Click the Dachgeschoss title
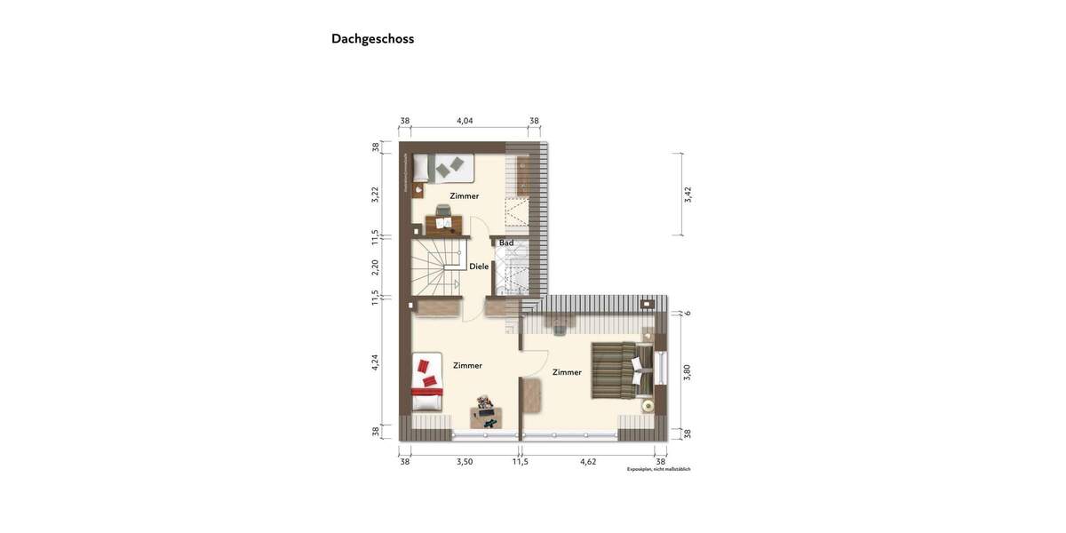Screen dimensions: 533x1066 [x=372, y=39]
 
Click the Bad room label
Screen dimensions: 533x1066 [x=506, y=243]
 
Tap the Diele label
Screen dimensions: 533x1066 [x=479, y=266]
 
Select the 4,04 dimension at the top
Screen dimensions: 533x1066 [x=465, y=121]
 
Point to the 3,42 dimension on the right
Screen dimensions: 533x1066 [x=688, y=195]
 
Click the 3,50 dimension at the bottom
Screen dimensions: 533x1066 [x=465, y=462]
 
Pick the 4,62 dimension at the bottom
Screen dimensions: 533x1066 [x=588, y=462]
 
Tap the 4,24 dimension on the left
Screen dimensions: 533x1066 [x=375, y=362]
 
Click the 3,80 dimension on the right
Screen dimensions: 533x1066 [x=688, y=372]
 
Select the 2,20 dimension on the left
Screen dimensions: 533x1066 [x=375, y=266]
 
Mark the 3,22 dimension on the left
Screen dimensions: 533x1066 [x=375, y=194]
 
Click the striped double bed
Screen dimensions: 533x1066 [x=622, y=370]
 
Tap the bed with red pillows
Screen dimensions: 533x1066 [x=427, y=382]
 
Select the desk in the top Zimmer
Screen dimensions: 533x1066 [x=444, y=223]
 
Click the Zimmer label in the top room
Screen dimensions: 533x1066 [x=464, y=196]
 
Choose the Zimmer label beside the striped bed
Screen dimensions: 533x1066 [x=567, y=372]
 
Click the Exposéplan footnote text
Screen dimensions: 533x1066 [x=658, y=469]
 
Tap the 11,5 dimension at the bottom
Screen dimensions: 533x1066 [x=521, y=462]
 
